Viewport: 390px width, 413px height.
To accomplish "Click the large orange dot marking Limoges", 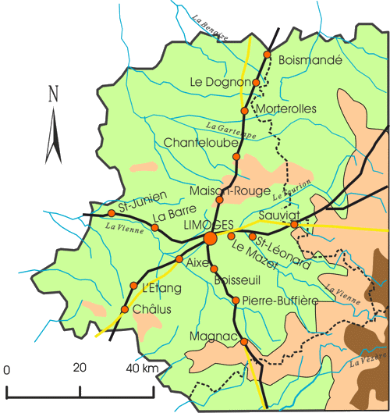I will [x=210, y=238].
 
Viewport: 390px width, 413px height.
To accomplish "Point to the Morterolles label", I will [x=285, y=109].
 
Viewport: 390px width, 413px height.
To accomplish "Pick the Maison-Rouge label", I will [x=230, y=190].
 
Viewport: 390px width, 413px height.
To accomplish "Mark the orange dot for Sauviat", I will [x=294, y=225].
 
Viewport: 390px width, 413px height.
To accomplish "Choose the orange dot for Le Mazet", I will [x=232, y=236].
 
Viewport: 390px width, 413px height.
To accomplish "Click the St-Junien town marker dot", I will [x=112, y=212].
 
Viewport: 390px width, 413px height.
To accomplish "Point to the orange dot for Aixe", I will [x=179, y=259].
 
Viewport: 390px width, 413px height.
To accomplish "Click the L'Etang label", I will [x=161, y=288].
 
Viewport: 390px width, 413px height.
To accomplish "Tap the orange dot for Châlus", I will [x=125, y=310].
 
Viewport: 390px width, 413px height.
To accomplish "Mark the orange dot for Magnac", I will [x=244, y=342].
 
